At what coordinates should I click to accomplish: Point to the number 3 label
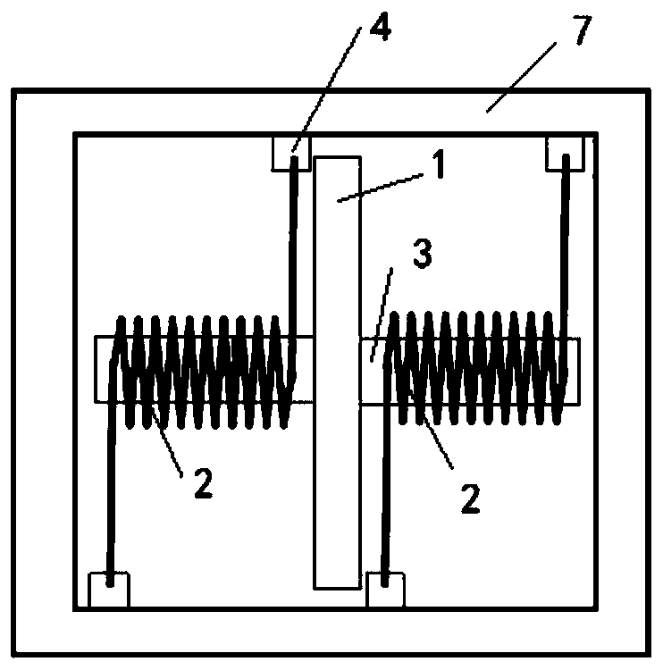[x=423, y=255]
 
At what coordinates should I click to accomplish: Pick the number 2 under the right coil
[x=470, y=497]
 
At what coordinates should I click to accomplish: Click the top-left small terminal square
[x=290, y=153]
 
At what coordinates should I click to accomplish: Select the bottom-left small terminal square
[x=109, y=590]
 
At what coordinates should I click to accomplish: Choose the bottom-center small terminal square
[x=384, y=590]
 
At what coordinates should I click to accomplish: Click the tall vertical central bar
[x=338, y=465]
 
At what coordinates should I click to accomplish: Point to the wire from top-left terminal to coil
[x=293, y=250]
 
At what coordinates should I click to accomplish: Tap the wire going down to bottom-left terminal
[x=110, y=500]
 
